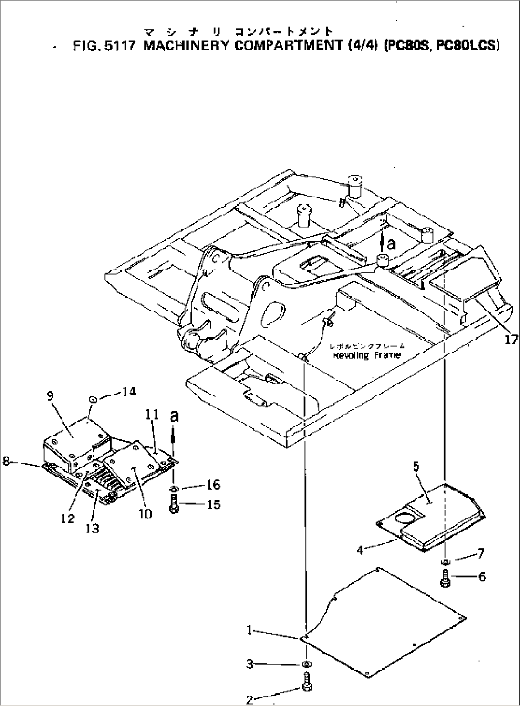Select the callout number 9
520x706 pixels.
(x=50, y=395)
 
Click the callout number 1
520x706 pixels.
(x=249, y=631)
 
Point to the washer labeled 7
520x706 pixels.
(x=445, y=561)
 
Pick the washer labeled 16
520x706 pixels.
(x=174, y=488)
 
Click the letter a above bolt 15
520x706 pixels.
(x=175, y=416)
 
